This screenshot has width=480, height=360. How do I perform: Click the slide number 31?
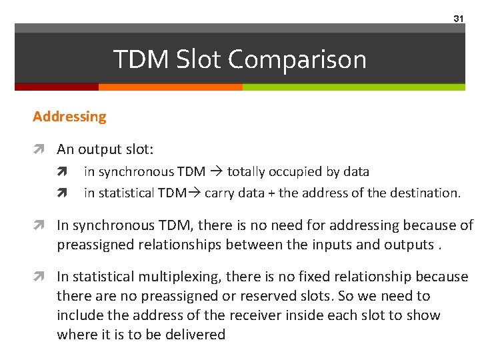tap(458, 19)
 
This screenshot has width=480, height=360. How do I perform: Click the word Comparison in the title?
tap(297, 59)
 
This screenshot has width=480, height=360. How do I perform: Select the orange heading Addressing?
tap(69, 116)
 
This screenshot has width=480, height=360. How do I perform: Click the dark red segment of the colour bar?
tap(57, 87)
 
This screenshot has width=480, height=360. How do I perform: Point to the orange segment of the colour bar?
tap(170, 87)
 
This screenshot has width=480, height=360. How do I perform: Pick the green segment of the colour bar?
tap(353, 87)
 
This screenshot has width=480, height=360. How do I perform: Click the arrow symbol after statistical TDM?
tap(196, 193)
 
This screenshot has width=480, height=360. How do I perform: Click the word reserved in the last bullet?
tap(288, 295)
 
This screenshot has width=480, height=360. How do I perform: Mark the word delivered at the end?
tap(193, 334)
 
